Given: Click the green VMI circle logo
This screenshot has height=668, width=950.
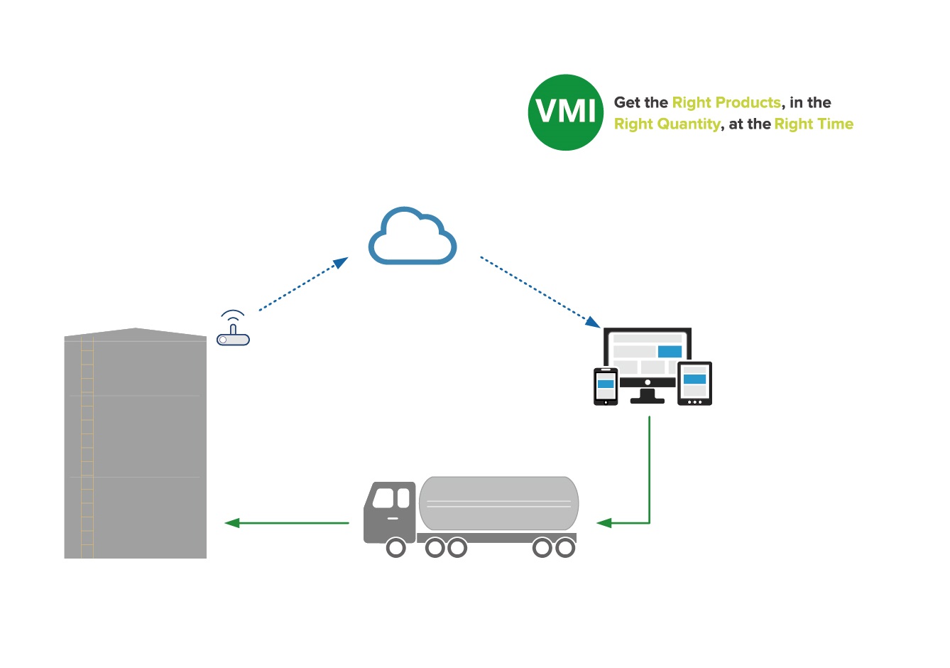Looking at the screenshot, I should [565, 112].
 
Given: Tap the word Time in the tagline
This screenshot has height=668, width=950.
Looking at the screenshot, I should [835, 124].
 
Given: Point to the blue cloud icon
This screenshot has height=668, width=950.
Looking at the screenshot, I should [413, 237].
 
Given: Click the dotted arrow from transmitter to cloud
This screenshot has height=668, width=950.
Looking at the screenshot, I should [302, 285].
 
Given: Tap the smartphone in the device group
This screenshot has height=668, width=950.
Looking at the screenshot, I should [606, 387].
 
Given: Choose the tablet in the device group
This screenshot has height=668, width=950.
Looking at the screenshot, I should [694, 384].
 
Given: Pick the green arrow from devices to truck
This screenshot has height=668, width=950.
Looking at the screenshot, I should [648, 483].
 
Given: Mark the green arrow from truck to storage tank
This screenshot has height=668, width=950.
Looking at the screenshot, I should [287, 523].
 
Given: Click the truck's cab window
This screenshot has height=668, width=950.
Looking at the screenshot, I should [384, 497].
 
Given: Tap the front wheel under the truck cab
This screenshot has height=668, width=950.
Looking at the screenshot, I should [395, 548].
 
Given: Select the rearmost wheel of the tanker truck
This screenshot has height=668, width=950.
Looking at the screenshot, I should [565, 548].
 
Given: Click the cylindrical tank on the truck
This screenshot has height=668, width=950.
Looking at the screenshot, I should [498, 503].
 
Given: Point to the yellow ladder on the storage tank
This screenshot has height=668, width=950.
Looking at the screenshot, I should [87, 448].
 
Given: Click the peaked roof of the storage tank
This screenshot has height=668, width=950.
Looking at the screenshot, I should [135, 333].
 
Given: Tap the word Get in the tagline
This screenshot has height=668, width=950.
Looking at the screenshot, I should [627, 103].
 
